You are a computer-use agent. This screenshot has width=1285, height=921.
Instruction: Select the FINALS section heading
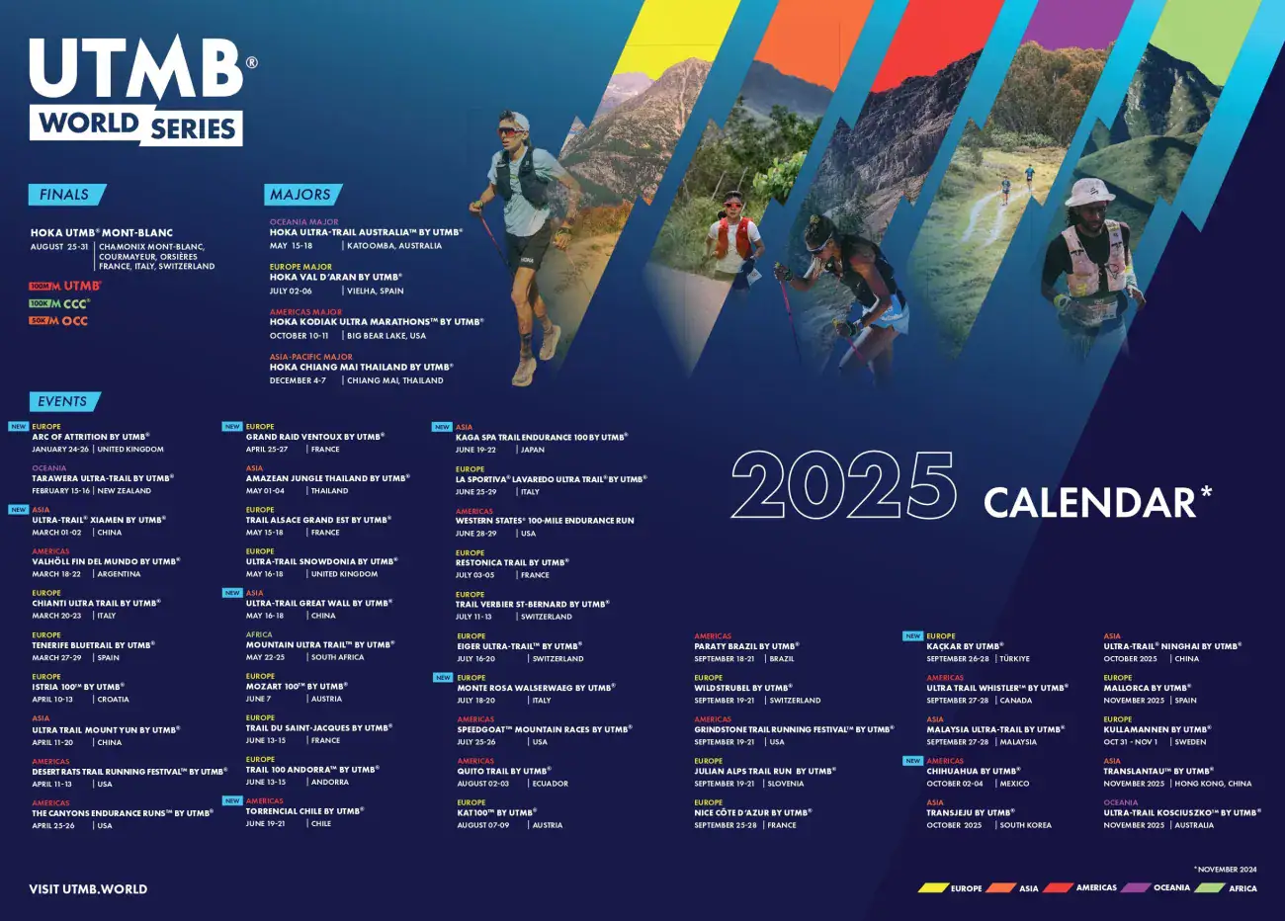65,195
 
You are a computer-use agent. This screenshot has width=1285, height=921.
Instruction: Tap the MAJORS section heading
301,195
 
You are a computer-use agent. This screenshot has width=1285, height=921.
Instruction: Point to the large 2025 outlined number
843,485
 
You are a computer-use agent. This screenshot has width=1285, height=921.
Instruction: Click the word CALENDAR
1090,502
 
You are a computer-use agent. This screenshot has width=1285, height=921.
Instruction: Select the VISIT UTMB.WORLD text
88,888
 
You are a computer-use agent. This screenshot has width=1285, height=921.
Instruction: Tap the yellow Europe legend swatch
933,887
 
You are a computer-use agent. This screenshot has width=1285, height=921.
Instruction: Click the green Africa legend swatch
1210,887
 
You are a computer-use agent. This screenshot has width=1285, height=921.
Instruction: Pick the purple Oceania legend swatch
1135,887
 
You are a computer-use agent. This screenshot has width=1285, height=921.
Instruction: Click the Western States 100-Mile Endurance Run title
545,521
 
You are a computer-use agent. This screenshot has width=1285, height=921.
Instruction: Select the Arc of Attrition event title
91,437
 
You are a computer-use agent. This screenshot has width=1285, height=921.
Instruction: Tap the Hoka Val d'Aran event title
335,278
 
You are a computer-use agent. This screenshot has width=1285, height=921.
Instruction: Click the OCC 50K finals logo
59,321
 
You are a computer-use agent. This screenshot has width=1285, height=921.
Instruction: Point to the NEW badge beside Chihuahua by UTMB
912,761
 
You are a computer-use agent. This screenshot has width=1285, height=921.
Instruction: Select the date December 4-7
298,380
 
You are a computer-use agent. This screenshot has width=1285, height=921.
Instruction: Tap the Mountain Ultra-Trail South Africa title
319,644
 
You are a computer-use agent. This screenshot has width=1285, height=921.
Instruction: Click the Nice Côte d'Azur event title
752,812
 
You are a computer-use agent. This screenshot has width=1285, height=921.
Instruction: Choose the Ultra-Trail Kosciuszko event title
1181,812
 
